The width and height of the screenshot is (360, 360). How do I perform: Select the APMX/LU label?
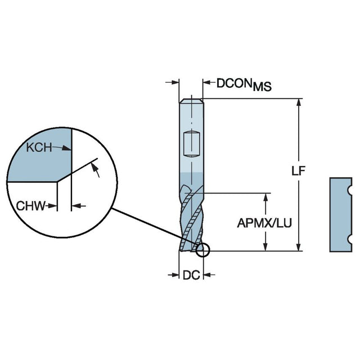[x=264, y=223]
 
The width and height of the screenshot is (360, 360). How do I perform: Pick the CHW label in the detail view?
[x=30, y=206]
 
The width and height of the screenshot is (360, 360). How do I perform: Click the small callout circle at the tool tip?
[x=202, y=250]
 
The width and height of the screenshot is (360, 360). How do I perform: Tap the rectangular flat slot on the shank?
[x=192, y=143]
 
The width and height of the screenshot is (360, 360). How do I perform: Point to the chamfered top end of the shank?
[x=191, y=102]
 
